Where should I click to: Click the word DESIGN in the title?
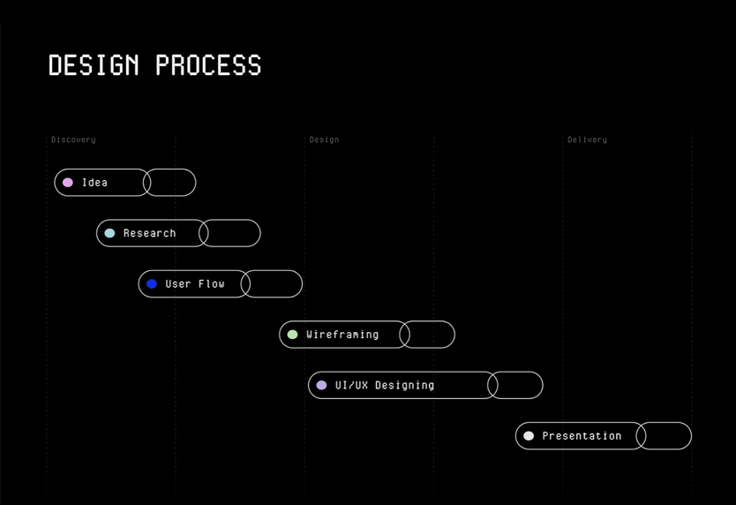(x=94, y=64)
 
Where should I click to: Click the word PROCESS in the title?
(x=208, y=64)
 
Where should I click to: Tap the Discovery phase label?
(x=73, y=139)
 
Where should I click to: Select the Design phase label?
(x=324, y=139)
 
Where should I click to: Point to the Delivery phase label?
(x=587, y=139)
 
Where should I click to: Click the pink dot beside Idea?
(x=68, y=182)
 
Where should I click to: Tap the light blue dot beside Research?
(x=109, y=233)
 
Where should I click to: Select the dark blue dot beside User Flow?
(x=152, y=283)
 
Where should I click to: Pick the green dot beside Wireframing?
(x=292, y=335)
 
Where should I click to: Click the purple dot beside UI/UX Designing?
(x=321, y=385)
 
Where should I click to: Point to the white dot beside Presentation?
(x=529, y=436)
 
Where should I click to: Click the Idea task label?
(x=94, y=182)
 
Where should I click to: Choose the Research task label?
(x=150, y=233)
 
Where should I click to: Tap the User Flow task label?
(x=195, y=283)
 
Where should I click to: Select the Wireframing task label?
(x=342, y=335)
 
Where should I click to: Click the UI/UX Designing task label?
(x=385, y=385)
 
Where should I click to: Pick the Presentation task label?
(x=582, y=436)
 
